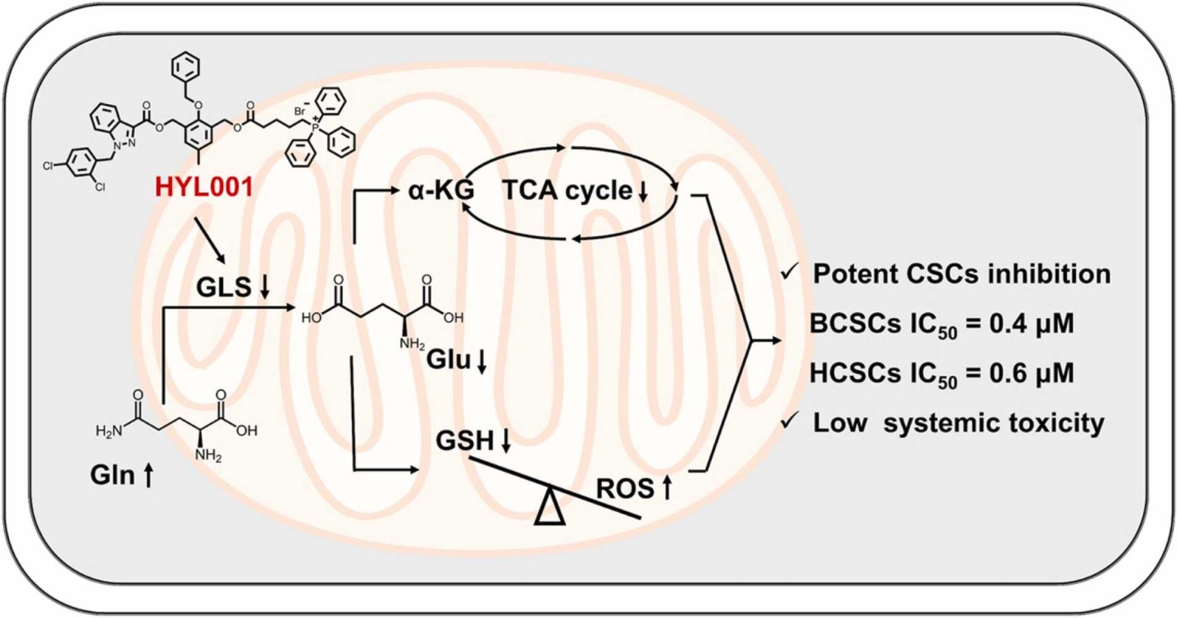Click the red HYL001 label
(x=203, y=187)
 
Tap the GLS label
(x=224, y=287)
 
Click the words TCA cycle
(x=567, y=190)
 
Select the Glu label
(x=448, y=360)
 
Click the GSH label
(x=464, y=441)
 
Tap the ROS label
(x=625, y=489)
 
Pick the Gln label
(x=112, y=475)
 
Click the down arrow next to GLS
(x=265, y=287)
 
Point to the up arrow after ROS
(x=667, y=488)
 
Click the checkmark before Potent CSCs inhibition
(x=790, y=272)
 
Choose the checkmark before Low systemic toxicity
(x=790, y=421)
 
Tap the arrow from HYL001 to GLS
(x=210, y=241)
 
